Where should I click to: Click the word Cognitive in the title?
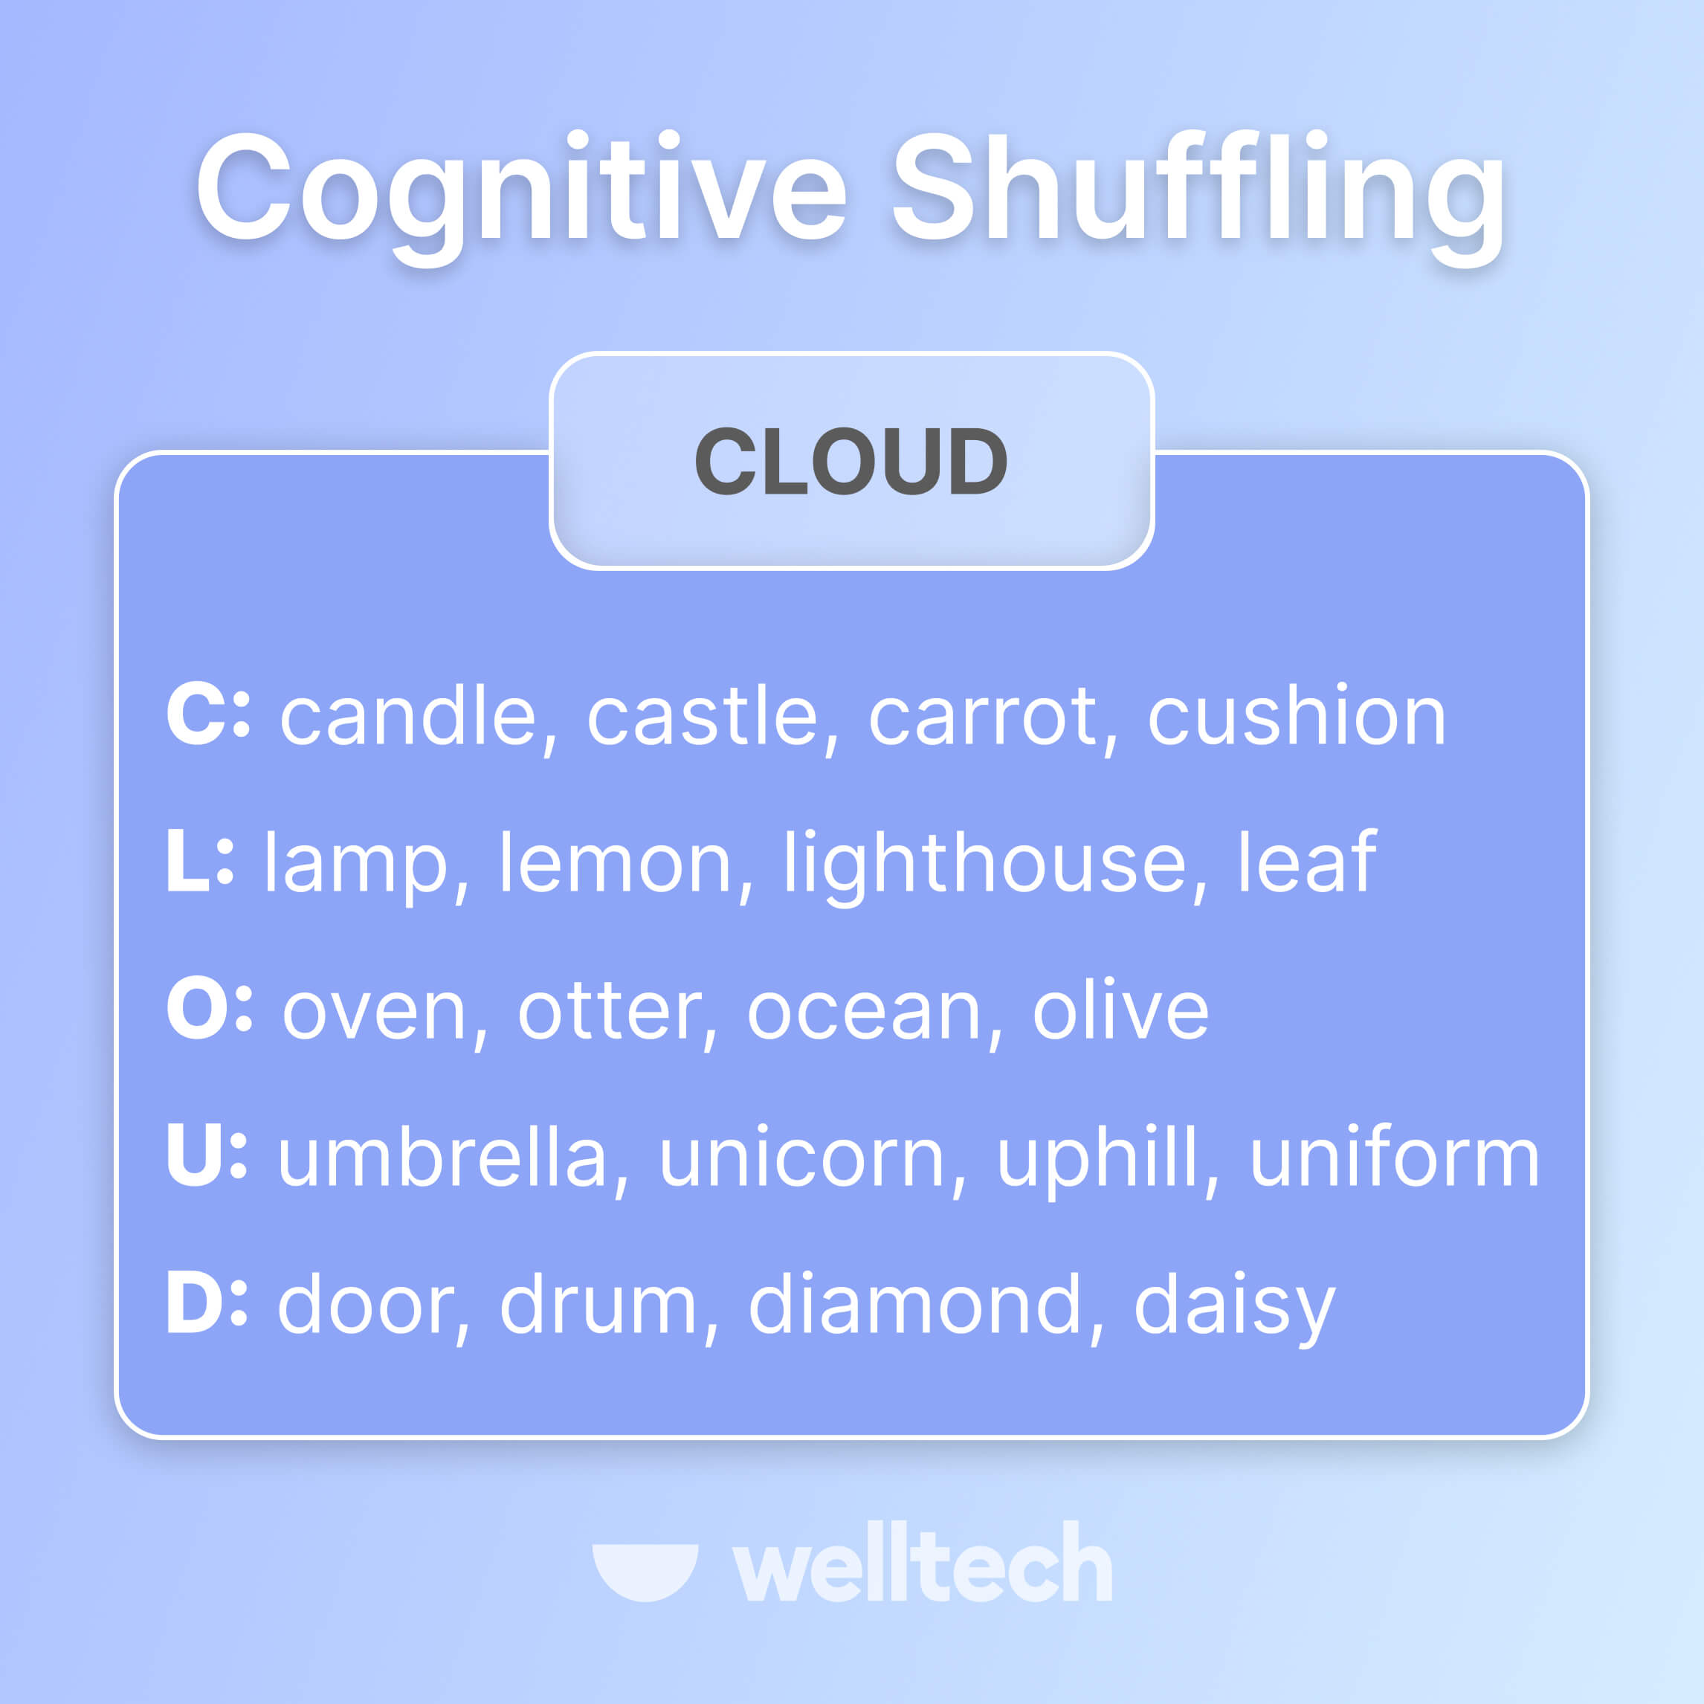tap(520, 190)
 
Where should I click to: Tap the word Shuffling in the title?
tap(1198, 190)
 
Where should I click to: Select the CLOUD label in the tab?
tap(851, 461)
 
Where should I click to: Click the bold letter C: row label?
tap(208, 714)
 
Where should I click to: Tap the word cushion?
tap(1297, 716)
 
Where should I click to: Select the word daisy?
tap(1233, 1307)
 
